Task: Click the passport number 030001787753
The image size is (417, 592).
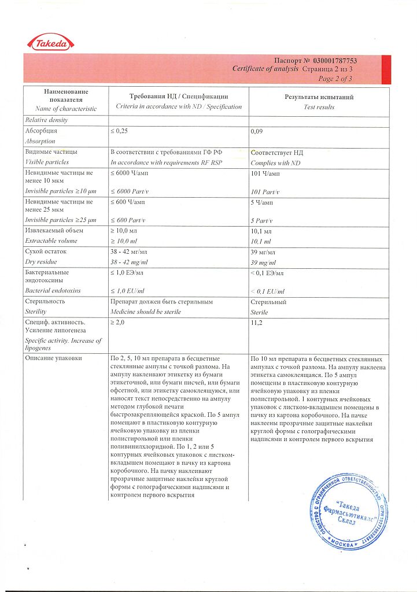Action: pyautogui.click(x=335, y=61)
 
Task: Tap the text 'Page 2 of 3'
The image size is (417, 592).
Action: pyautogui.click(x=335, y=79)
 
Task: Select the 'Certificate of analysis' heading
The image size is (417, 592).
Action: pyautogui.click(x=265, y=69)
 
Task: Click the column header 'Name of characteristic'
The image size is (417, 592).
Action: pyautogui.click(x=66, y=108)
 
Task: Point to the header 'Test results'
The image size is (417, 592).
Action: pyautogui.click(x=319, y=107)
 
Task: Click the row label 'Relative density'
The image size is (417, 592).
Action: pyautogui.click(x=46, y=120)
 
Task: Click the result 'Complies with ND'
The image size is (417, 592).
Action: pyautogui.click(x=275, y=162)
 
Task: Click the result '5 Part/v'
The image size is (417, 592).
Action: pyautogui.click(x=261, y=220)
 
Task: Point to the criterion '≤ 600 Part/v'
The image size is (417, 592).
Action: pyautogui.click(x=128, y=220)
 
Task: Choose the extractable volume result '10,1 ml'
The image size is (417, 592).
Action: pyautogui.click(x=261, y=241)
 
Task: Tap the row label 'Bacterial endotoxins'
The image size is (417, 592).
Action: pyautogui.click(x=53, y=291)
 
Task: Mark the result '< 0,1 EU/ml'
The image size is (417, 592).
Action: pyautogui.click(x=268, y=291)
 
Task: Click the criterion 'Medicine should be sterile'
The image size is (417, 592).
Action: pyautogui.click(x=145, y=312)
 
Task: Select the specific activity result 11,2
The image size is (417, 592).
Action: pyautogui.click(x=257, y=322)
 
